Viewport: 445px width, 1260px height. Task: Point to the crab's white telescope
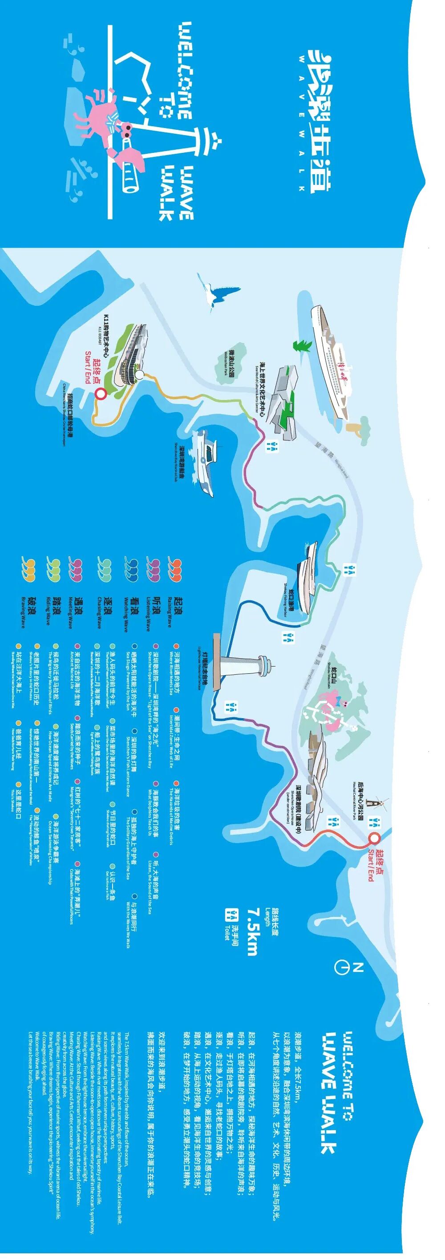click(x=130, y=171)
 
